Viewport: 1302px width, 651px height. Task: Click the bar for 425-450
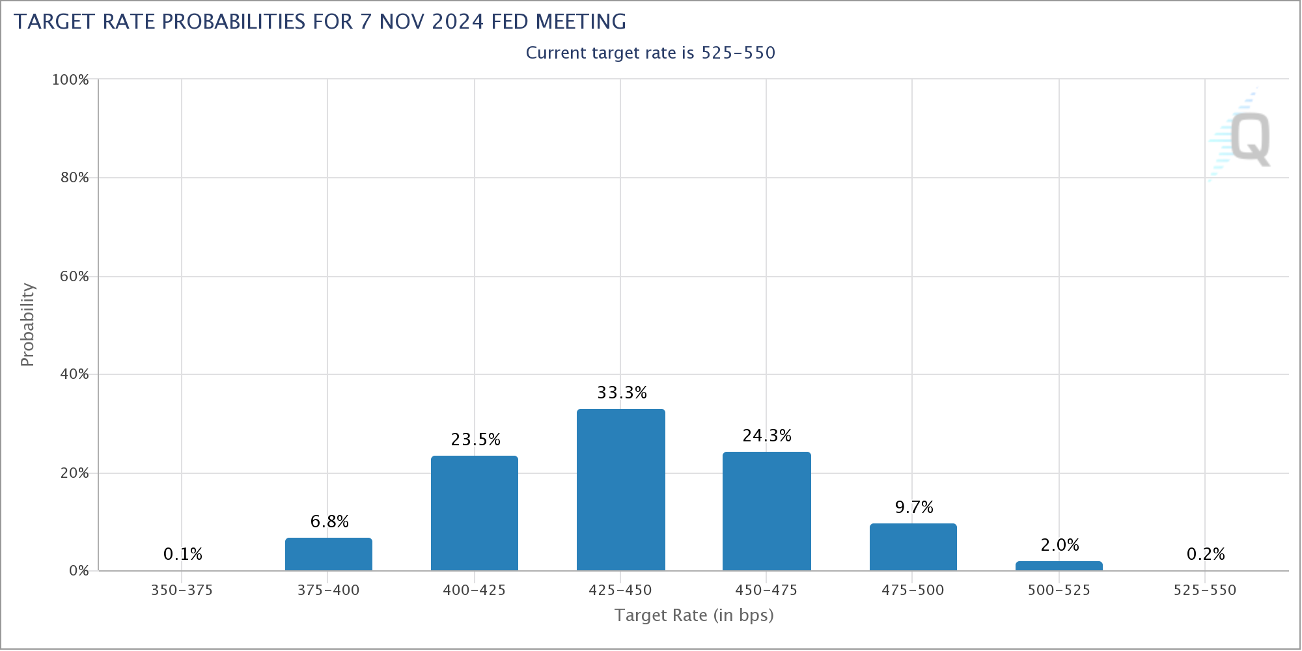[x=620, y=490]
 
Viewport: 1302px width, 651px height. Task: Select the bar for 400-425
[x=475, y=513]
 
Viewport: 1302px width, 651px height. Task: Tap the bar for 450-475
[x=766, y=511]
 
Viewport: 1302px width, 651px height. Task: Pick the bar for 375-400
[x=329, y=554]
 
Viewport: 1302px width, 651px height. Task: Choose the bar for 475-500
[x=913, y=547]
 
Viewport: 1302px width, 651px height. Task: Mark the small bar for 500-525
[x=1059, y=566]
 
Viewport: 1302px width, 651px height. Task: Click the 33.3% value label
[x=622, y=393]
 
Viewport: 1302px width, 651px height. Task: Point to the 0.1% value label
[x=183, y=554]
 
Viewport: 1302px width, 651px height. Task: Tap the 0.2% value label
[x=1206, y=554]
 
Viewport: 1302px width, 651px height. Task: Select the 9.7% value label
[x=914, y=507]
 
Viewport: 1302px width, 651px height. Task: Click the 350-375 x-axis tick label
[x=182, y=590]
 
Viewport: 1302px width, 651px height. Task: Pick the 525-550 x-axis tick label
[x=1204, y=590]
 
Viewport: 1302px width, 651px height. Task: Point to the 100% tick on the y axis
[x=70, y=80]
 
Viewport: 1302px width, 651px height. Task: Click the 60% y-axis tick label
[x=74, y=277]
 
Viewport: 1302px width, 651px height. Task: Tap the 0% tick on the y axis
[x=78, y=571]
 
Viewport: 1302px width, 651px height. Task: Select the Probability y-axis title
[x=27, y=324]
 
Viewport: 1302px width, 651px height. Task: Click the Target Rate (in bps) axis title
[x=694, y=615]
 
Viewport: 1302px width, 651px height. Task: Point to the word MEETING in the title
[x=581, y=21]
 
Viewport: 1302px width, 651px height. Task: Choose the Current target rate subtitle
[x=650, y=53]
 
